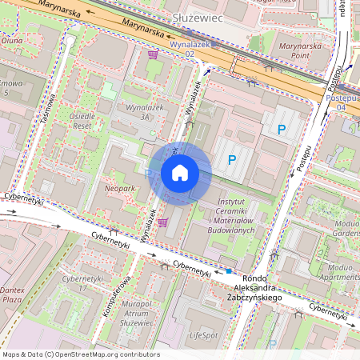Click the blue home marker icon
coord(180,173)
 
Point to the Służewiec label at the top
coord(198,16)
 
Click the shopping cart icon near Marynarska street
coord(152,54)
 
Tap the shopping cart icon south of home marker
coord(163,222)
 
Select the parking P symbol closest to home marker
coord(231,160)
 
